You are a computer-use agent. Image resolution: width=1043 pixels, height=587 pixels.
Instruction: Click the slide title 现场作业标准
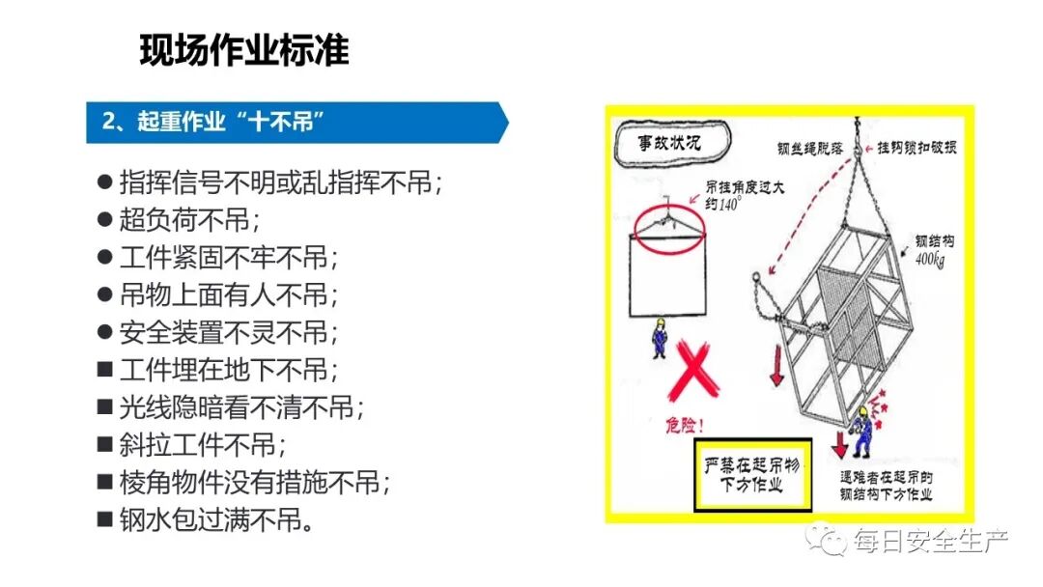[244, 50]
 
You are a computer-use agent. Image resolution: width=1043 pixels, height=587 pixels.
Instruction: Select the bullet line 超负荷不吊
[189, 219]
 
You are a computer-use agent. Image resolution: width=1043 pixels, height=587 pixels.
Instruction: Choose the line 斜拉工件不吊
[203, 445]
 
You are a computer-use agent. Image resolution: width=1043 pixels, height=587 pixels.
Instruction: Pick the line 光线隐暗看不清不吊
[241, 407]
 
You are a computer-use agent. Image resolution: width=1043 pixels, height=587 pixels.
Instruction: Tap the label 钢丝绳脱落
[810, 149]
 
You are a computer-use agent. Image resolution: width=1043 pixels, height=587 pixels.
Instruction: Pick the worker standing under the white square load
[659, 337]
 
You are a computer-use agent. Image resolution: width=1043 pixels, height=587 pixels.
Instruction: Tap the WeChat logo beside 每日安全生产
[827, 540]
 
